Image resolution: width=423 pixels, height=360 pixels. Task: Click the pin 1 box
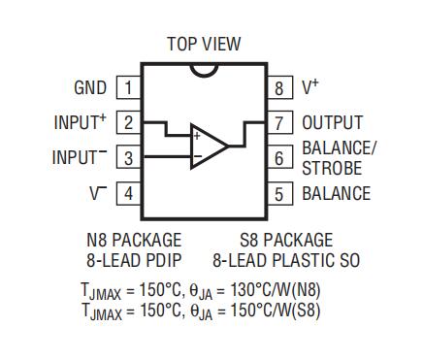[x=129, y=87]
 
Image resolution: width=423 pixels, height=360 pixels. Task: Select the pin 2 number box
[x=129, y=122]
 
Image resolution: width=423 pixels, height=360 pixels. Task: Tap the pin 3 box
[x=129, y=157]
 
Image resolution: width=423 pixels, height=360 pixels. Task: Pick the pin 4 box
[x=129, y=193]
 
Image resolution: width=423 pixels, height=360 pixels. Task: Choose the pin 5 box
[x=280, y=193]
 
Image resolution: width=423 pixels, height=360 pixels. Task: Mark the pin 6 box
[x=280, y=157]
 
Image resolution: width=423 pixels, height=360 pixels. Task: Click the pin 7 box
[x=280, y=122]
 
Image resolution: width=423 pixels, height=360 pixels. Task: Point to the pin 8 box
[x=280, y=87]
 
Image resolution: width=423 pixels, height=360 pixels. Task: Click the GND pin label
[x=90, y=87]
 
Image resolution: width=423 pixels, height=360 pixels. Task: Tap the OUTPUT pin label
[x=333, y=122]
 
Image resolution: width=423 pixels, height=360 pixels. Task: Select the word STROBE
[x=332, y=168]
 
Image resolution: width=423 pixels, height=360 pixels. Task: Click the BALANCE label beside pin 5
[x=337, y=193]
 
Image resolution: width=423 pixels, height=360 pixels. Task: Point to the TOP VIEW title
[x=204, y=44]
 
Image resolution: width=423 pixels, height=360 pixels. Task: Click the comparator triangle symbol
[x=209, y=147]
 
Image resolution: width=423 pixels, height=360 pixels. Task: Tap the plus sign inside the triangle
[x=197, y=136]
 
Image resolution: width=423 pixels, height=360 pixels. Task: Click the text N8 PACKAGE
[x=134, y=240]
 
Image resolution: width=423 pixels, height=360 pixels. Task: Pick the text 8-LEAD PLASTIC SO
[x=286, y=260]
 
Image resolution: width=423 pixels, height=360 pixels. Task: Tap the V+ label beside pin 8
[x=310, y=86]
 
